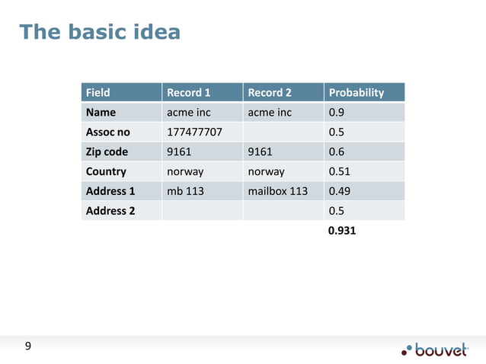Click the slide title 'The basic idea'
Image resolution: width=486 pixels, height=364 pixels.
coord(100,32)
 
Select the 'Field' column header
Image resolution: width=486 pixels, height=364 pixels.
coord(98,93)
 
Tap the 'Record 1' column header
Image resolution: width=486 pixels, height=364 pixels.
coord(188,93)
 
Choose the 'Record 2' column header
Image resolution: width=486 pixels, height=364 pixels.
coord(270,93)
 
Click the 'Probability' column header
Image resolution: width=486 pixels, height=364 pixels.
coord(355,93)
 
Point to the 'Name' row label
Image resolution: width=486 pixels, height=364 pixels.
coord(101,113)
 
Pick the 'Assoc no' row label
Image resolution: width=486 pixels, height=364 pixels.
coord(108,133)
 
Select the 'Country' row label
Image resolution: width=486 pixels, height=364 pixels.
coord(107,172)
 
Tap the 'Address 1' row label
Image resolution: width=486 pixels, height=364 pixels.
coord(110,192)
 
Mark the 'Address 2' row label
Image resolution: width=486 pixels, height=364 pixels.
coord(110,211)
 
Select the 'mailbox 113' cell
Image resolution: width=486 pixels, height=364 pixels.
coord(278,192)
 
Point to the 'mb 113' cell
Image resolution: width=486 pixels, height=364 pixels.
coord(185,192)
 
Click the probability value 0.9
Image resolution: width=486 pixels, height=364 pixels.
coord(335,113)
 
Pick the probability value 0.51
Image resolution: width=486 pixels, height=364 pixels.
coord(338,172)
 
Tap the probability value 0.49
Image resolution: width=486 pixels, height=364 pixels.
coord(338,192)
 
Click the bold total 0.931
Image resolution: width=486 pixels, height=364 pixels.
coord(341,230)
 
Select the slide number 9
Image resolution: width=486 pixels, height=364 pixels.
coord(28,347)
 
